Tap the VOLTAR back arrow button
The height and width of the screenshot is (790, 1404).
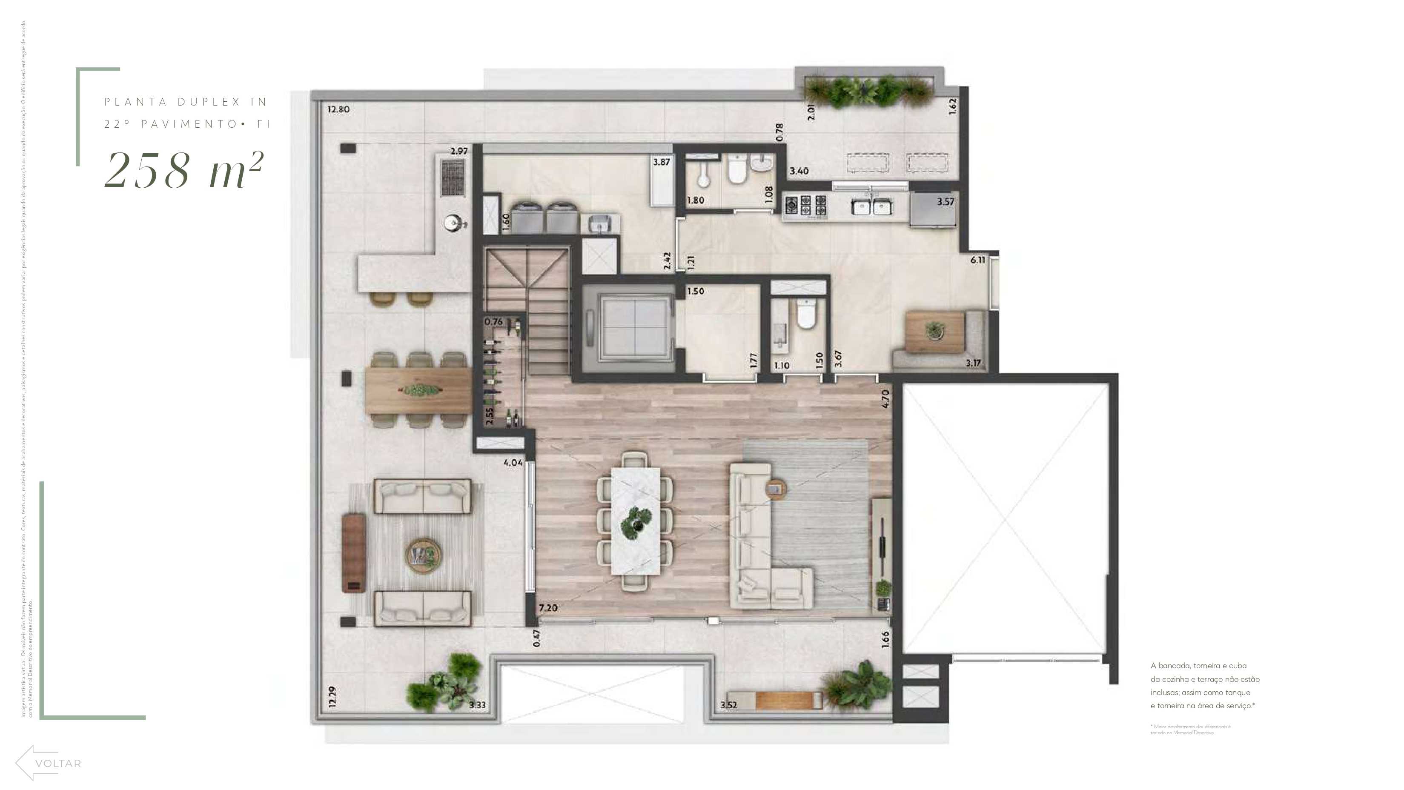49,763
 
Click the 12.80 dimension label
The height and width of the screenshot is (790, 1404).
338,109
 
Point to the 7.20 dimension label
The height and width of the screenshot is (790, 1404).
548,607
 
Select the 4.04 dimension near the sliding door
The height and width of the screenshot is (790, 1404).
513,463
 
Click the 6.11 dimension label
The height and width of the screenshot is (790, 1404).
978,260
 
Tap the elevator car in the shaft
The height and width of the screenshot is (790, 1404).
632,329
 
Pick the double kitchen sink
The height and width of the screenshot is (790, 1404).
872,207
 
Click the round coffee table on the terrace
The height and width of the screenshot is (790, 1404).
423,555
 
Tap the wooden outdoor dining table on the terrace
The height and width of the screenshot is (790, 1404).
418,390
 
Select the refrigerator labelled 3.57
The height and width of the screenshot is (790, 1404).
934,210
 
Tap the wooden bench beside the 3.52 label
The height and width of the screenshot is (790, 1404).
788,700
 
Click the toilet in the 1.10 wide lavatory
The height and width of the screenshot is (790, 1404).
805,315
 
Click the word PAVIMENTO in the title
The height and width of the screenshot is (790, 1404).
190,124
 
